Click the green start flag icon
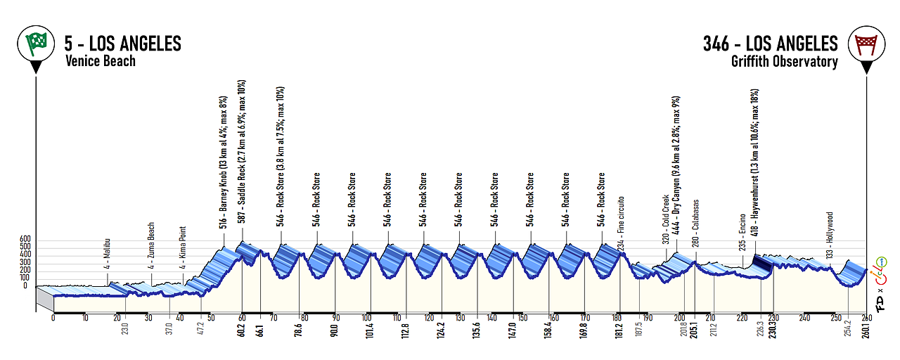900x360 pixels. [x=36, y=44]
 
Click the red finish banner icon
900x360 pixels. [x=866, y=44]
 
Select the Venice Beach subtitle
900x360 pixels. [x=101, y=61]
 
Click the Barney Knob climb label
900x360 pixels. [x=224, y=162]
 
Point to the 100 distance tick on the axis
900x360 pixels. [x=367, y=317]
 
